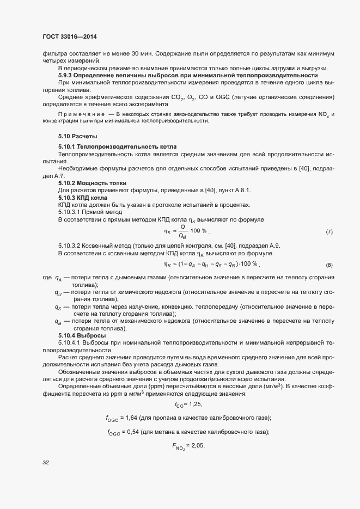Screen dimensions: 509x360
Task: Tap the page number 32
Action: (46, 463)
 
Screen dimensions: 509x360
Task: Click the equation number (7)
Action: (329, 232)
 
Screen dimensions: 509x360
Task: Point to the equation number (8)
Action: (329, 265)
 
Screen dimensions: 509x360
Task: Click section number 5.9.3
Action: (68, 75)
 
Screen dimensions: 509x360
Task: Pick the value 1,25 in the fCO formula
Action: (196, 404)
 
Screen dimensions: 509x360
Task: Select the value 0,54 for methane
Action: (133, 432)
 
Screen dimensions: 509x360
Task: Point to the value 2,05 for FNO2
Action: (197, 445)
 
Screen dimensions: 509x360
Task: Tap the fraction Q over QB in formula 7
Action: (183, 232)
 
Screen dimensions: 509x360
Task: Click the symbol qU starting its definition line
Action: (58, 292)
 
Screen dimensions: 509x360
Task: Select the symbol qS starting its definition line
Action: (58, 307)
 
